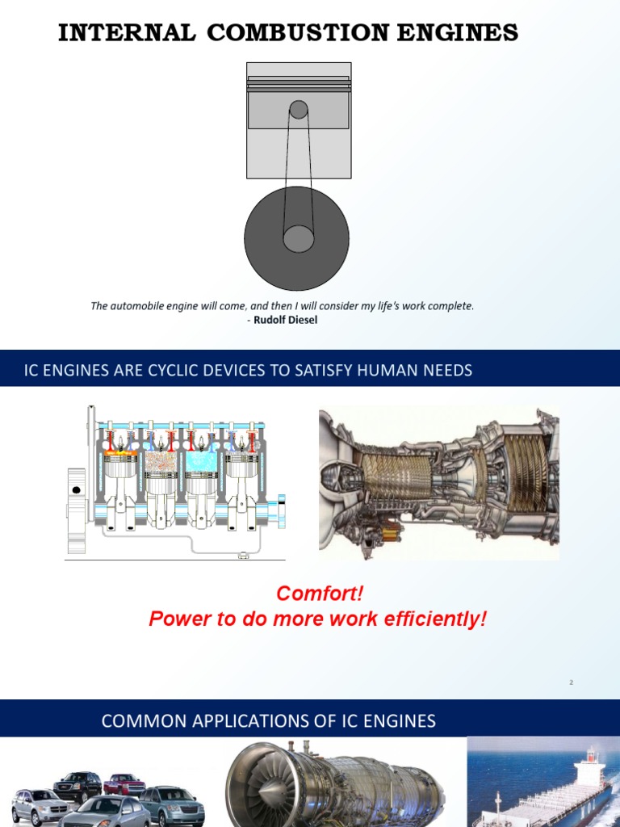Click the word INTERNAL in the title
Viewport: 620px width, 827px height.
pos(127,33)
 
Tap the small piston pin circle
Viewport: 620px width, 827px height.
pos(299,109)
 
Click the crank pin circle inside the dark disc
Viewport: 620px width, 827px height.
pos(298,238)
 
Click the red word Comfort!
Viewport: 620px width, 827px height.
pos(320,594)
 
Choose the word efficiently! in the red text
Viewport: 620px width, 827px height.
pos(434,619)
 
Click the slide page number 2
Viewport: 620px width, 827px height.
pos(571,682)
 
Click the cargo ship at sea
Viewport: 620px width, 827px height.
pos(557,796)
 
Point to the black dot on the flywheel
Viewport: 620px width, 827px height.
pos(77,490)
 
